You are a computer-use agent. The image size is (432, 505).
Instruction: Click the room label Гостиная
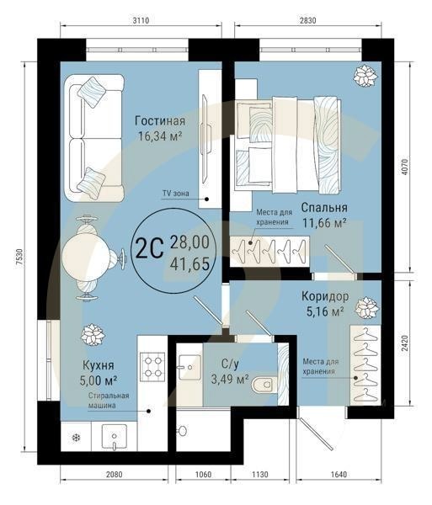click(x=159, y=120)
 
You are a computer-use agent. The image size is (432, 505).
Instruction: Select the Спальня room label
click(x=324, y=207)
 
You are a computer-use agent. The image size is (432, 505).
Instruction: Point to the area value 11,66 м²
click(x=324, y=223)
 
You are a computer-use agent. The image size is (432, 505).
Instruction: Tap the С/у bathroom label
click(x=231, y=364)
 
